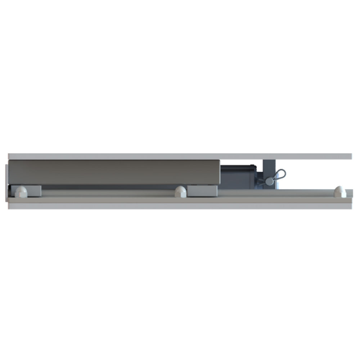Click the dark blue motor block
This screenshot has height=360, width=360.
coord(238,176)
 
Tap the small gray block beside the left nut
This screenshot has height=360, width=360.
coord(34,191)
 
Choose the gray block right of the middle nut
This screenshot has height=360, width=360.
coord(202,191)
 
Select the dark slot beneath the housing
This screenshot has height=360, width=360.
coord(108,187)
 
